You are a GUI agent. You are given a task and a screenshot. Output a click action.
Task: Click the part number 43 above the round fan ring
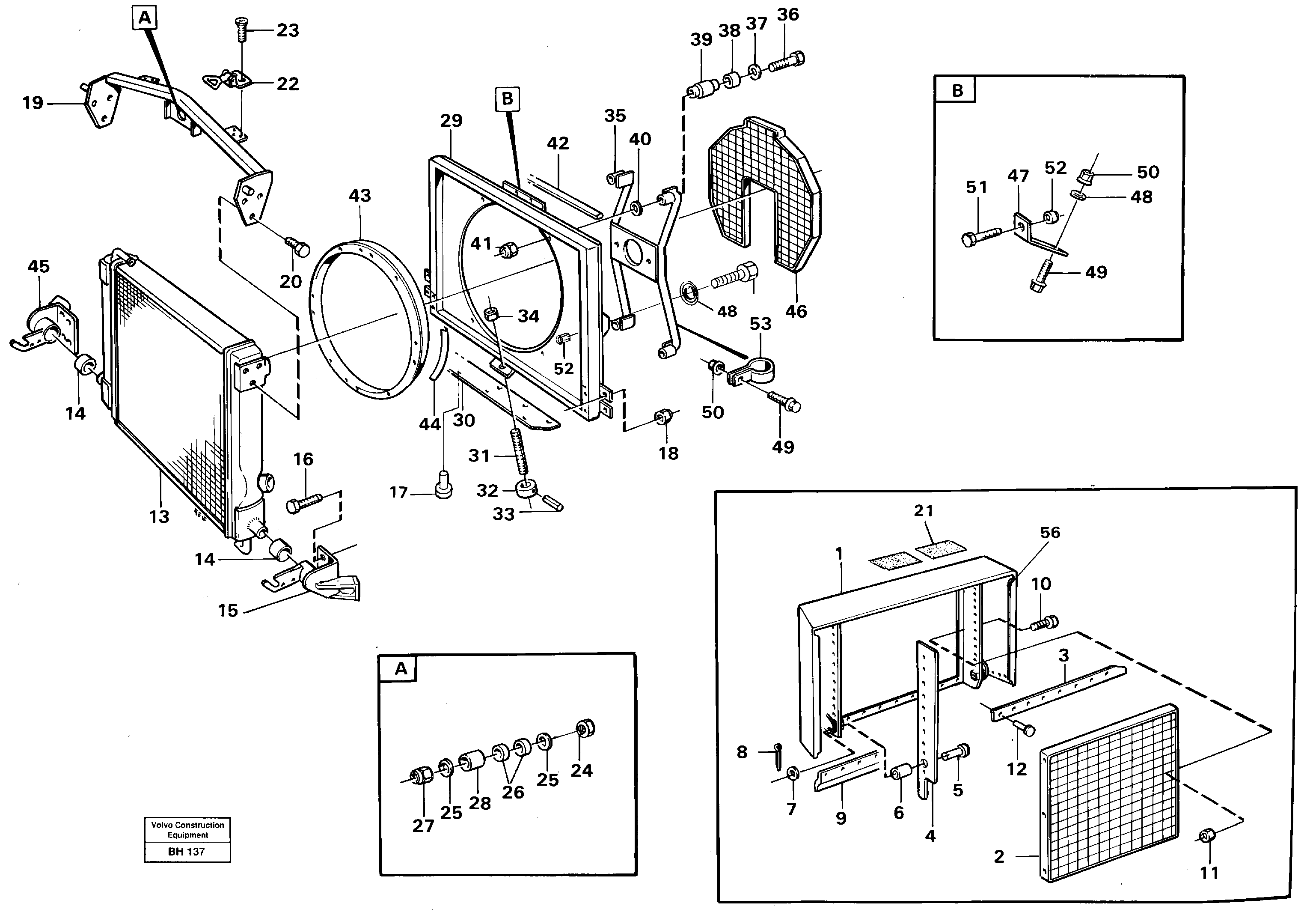click(360, 196)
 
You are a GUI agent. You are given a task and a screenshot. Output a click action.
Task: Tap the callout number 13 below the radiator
click(159, 516)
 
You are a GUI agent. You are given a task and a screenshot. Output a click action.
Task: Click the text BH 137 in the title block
click(186, 852)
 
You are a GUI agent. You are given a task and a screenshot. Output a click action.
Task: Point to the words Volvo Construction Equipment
click(187, 830)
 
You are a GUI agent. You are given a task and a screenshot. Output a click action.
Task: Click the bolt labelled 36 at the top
click(787, 62)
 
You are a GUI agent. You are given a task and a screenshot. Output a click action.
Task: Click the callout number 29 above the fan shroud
click(451, 121)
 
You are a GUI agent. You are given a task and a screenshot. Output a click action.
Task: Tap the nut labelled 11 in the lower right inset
click(1205, 836)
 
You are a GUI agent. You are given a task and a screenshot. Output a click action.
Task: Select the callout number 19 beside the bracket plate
click(33, 103)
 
